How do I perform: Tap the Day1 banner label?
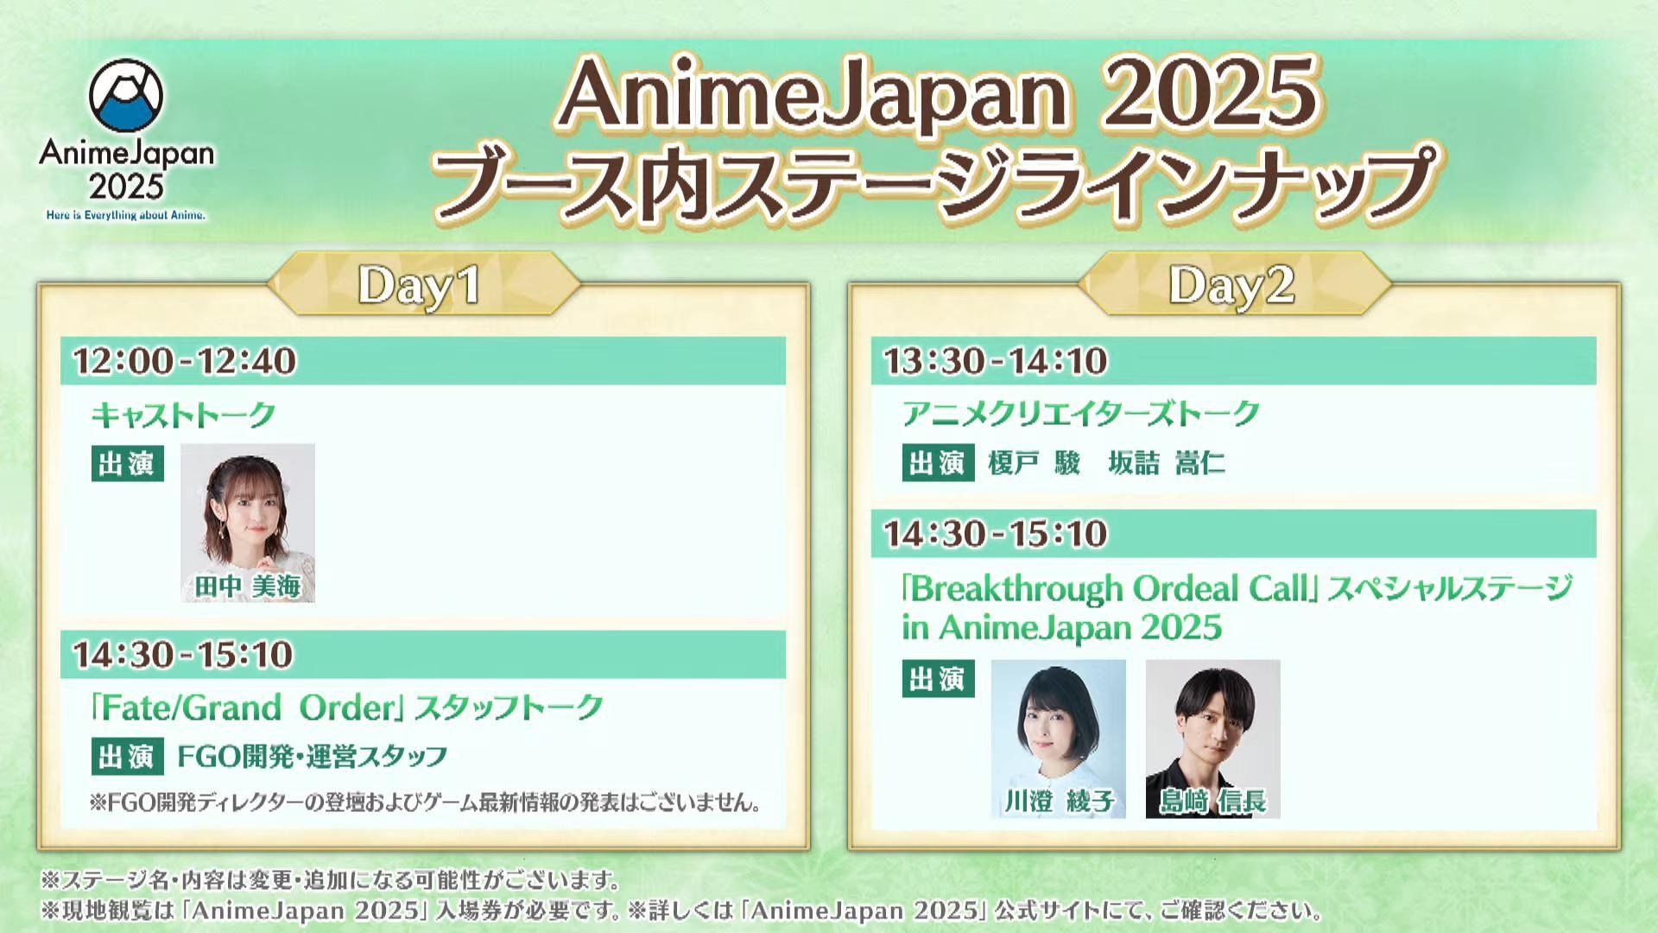tap(420, 285)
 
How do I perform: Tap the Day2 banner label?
tap(1231, 285)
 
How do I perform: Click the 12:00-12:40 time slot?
tap(185, 361)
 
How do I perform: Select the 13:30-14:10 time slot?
tap(996, 361)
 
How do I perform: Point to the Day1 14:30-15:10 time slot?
tap(183, 655)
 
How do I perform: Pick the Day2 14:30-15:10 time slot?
tap(996, 534)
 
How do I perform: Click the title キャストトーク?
tap(183, 415)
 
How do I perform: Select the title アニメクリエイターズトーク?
tap(1081, 414)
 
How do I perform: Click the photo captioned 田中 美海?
tap(248, 523)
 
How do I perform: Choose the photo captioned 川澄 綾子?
tap(1059, 739)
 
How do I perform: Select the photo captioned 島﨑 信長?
tap(1213, 739)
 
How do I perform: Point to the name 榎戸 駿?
tap(1035, 464)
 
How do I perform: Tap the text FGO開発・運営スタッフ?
tap(313, 757)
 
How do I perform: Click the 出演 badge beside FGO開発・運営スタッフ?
tap(127, 757)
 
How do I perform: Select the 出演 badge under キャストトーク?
tap(127, 464)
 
